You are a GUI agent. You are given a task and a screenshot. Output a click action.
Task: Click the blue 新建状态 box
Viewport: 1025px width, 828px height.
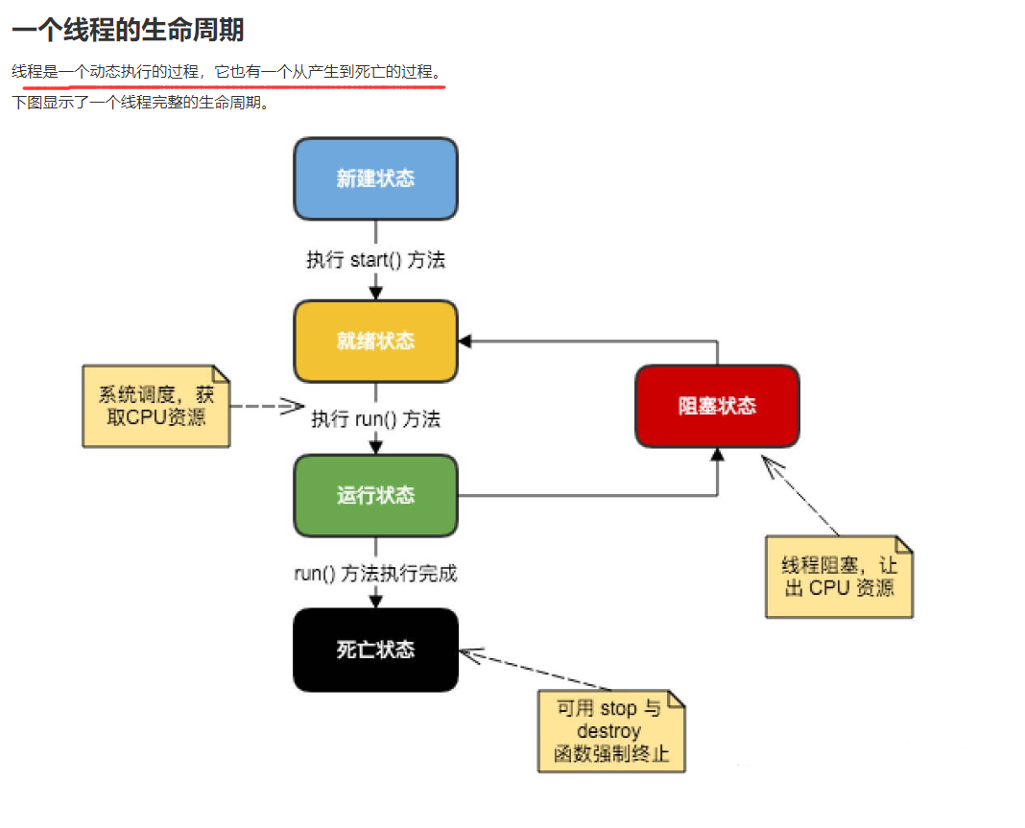pyautogui.click(x=375, y=178)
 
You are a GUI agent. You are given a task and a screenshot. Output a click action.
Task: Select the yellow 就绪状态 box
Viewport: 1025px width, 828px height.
pyautogui.click(x=375, y=341)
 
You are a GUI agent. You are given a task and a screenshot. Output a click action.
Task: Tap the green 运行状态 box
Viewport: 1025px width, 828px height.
pyautogui.click(x=375, y=495)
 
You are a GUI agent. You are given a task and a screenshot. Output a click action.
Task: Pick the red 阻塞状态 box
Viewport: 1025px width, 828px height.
pyautogui.click(x=717, y=406)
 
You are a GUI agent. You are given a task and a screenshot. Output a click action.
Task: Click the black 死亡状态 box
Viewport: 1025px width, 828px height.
pyautogui.click(x=375, y=650)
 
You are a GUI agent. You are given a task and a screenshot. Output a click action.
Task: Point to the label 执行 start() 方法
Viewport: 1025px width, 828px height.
pyautogui.click(x=375, y=260)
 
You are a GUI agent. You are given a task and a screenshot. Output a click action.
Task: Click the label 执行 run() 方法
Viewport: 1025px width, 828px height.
pyautogui.click(x=375, y=419)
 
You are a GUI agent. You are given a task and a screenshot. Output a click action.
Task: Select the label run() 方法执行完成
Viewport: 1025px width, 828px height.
pyautogui.click(x=375, y=574)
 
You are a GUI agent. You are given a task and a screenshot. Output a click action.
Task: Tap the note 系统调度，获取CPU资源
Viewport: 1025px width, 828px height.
pyautogui.click(x=155, y=407)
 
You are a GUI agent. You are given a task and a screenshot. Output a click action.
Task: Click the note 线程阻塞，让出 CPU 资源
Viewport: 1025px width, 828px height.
pyautogui.click(x=839, y=577)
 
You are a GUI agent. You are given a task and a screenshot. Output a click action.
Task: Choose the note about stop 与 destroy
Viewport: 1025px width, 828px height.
pyautogui.click(x=611, y=731)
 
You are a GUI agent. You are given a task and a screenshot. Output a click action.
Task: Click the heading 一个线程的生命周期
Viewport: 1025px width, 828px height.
pyautogui.click(x=128, y=30)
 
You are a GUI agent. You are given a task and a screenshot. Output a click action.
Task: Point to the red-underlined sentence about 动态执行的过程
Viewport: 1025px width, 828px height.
pyautogui.click(x=227, y=72)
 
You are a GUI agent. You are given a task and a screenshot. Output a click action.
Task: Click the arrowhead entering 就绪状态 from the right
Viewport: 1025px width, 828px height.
pyautogui.click(x=465, y=341)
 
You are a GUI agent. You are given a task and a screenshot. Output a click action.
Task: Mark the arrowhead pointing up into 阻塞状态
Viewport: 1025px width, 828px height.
pyautogui.click(x=717, y=455)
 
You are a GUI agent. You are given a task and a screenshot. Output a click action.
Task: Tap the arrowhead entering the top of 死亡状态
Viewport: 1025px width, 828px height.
pyautogui.click(x=375, y=601)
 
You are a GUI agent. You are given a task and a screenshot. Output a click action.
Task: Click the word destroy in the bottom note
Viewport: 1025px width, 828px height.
pyautogui.click(x=609, y=731)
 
